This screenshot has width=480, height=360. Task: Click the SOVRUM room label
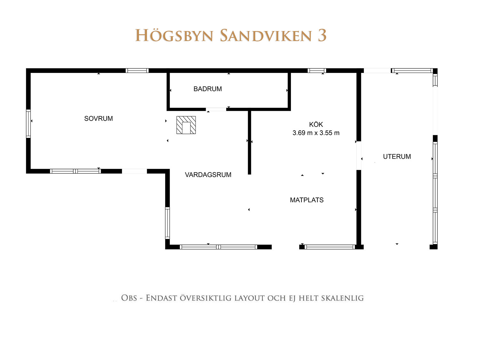click(x=99, y=118)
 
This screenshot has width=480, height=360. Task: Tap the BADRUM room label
click(x=208, y=89)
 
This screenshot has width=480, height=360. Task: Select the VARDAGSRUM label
click(x=208, y=175)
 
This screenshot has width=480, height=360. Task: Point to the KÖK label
click(x=316, y=124)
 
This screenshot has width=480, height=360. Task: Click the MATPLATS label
click(x=307, y=200)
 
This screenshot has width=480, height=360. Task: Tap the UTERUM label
click(x=397, y=156)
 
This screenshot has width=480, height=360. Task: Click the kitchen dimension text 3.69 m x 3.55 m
click(x=316, y=133)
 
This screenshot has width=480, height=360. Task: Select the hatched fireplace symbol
click(x=186, y=125)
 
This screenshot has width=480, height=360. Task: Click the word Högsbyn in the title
click(x=174, y=36)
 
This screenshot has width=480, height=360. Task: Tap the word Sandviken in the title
click(x=266, y=36)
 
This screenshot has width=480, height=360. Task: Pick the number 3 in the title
click(x=322, y=36)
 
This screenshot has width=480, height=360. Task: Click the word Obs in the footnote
click(x=129, y=298)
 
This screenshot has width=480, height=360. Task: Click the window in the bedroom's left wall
click(x=28, y=124)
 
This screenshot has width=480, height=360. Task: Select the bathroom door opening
click(x=216, y=109)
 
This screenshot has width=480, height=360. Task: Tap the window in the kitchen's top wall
click(x=317, y=71)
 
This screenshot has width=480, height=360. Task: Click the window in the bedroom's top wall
click(x=137, y=71)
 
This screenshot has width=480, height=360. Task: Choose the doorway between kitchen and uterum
click(x=359, y=156)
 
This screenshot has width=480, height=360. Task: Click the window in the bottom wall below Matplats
click(x=330, y=247)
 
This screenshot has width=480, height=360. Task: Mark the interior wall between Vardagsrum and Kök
click(x=249, y=142)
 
